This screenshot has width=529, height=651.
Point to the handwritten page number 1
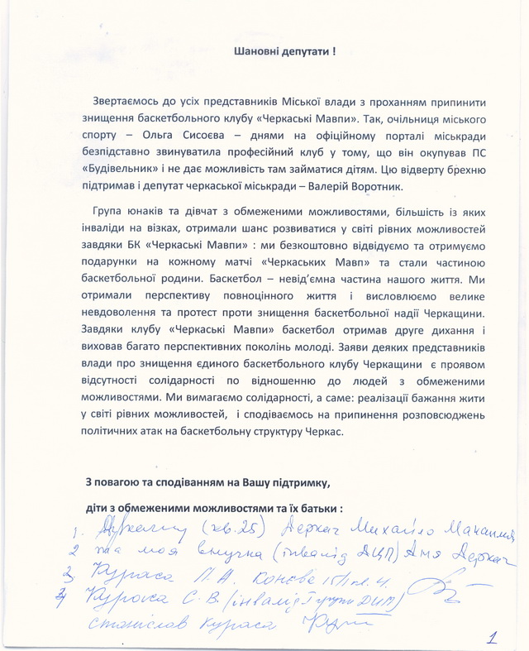tap(493, 638)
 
